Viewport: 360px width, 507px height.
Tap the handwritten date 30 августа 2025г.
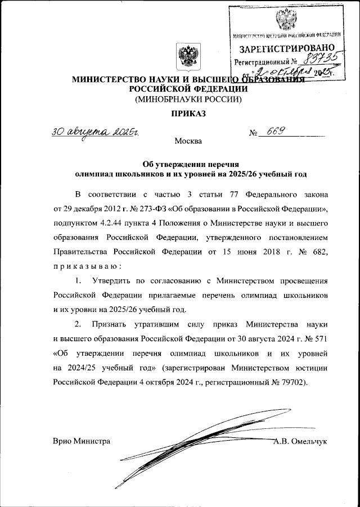(95, 133)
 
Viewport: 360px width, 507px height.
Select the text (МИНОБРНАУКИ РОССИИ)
(188, 100)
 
